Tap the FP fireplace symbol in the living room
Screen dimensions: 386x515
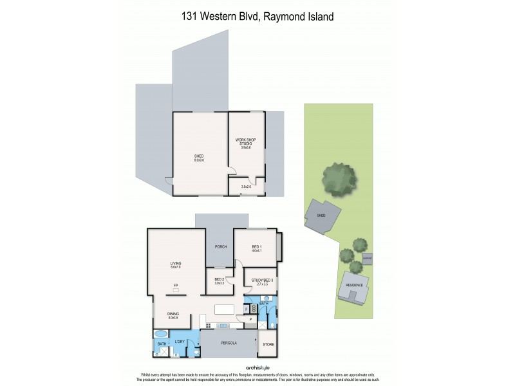pyautogui.click(x=175, y=289)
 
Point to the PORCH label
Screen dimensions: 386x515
pyautogui.click(x=220, y=246)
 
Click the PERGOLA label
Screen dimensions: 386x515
pyautogui.click(x=229, y=343)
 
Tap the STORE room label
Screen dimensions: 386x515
pyautogui.click(x=268, y=345)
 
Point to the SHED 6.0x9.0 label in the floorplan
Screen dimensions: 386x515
pyautogui.click(x=199, y=158)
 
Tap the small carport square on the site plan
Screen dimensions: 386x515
pyautogui.click(x=367, y=259)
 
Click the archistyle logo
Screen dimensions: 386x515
pyautogui.click(x=257, y=368)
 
